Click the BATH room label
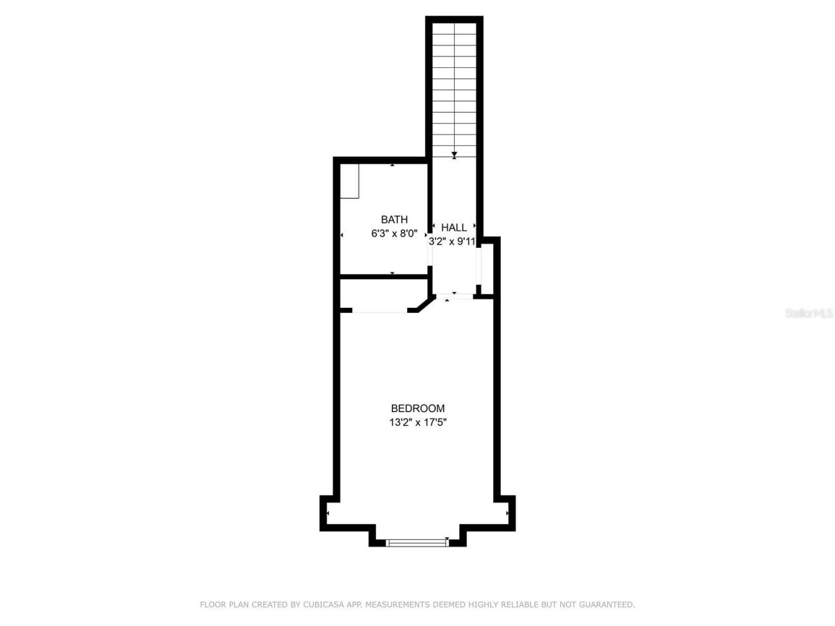point(394,220)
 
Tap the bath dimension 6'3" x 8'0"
point(394,233)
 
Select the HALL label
point(454,228)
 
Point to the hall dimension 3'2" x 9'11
point(451,241)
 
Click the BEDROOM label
point(417,409)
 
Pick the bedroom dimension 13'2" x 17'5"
point(417,423)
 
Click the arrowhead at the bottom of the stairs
point(454,155)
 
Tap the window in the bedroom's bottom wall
point(417,542)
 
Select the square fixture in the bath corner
point(350,181)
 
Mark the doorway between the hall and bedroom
point(454,296)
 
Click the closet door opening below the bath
point(380,311)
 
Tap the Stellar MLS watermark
point(808,314)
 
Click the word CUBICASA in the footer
point(324,605)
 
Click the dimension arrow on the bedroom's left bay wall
point(327,514)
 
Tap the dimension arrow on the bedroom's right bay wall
point(508,514)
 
